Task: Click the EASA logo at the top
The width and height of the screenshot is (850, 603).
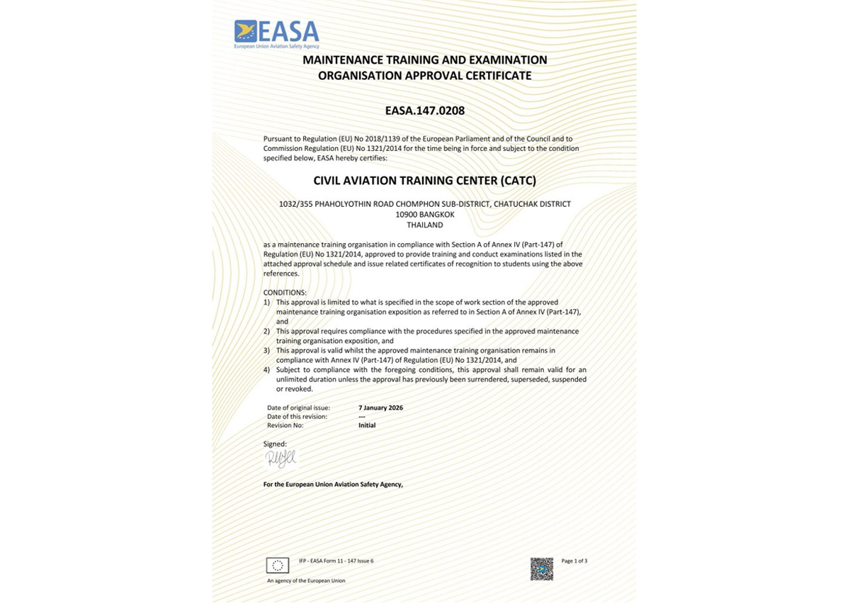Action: pyautogui.click(x=277, y=34)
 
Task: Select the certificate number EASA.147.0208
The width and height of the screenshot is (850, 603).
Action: pyautogui.click(x=424, y=111)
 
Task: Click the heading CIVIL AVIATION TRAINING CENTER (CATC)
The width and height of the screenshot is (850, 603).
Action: pyautogui.click(x=424, y=181)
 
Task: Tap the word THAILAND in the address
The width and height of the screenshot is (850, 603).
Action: pyautogui.click(x=425, y=225)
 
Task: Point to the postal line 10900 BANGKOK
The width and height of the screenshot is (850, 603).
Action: pyautogui.click(x=425, y=214)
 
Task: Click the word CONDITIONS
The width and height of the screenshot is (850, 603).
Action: pyautogui.click(x=285, y=292)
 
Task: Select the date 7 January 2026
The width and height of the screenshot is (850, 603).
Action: pyautogui.click(x=380, y=407)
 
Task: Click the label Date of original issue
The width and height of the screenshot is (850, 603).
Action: pyautogui.click(x=298, y=407)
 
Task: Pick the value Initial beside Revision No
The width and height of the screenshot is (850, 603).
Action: pyautogui.click(x=367, y=425)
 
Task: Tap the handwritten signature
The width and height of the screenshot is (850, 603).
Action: pyautogui.click(x=280, y=459)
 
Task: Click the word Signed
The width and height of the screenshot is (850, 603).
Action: pyautogui.click(x=275, y=444)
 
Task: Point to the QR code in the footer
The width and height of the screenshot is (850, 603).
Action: pyautogui.click(x=542, y=568)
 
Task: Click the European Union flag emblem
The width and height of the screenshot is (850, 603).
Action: pyautogui.click(x=278, y=565)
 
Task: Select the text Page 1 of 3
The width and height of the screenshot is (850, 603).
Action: pyautogui.click(x=574, y=561)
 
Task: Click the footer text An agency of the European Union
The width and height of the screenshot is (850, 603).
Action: pyautogui.click(x=306, y=580)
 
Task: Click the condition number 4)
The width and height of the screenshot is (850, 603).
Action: pyautogui.click(x=266, y=370)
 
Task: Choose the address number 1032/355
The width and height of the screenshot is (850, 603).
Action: pyautogui.click(x=295, y=204)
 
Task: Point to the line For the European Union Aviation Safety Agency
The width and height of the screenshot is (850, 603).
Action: pyautogui.click(x=333, y=485)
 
